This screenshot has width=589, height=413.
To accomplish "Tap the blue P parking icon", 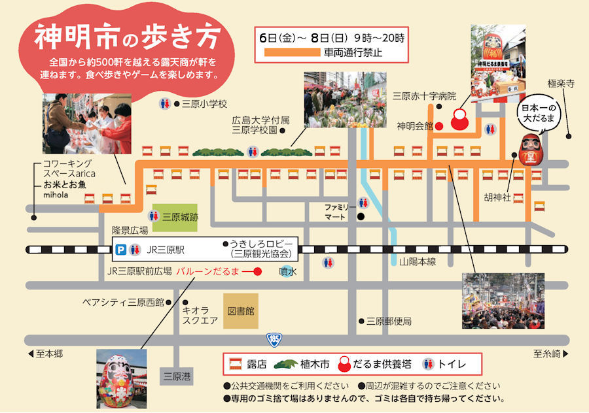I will click(x=120, y=249).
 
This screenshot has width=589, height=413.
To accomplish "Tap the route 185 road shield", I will click(x=274, y=339).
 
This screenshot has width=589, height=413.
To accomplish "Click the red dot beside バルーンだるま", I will click(x=258, y=271).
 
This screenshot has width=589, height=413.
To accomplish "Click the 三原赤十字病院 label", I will click(x=423, y=96).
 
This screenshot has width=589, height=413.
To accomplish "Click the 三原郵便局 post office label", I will click(x=389, y=321).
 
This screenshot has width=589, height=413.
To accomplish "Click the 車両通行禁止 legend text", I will click(x=352, y=52).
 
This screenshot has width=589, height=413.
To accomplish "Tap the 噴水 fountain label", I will click(x=288, y=271).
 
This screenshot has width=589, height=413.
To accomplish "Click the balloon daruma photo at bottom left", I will click(x=121, y=378).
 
